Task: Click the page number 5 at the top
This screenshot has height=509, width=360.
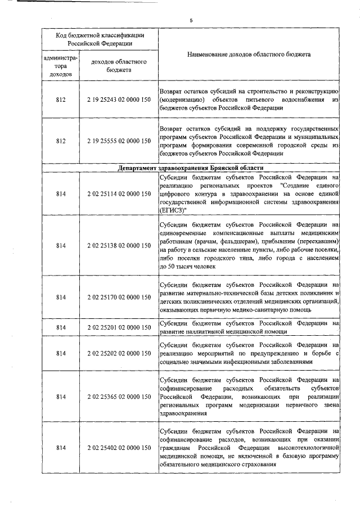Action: pos(191,20)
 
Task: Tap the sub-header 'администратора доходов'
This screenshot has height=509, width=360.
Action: pos(61,66)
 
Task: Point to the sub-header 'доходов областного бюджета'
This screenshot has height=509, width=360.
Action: pos(118,66)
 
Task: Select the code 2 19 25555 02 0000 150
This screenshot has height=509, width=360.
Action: pos(118,141)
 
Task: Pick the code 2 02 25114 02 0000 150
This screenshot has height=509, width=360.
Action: pos(118,194)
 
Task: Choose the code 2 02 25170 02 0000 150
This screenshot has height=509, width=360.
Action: pos(118,297)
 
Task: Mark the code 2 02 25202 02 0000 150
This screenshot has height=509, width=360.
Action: pos(118,353)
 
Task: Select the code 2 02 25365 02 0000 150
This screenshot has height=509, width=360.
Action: pos(118,397)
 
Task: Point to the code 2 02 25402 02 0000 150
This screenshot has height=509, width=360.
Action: pos(118,448)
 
